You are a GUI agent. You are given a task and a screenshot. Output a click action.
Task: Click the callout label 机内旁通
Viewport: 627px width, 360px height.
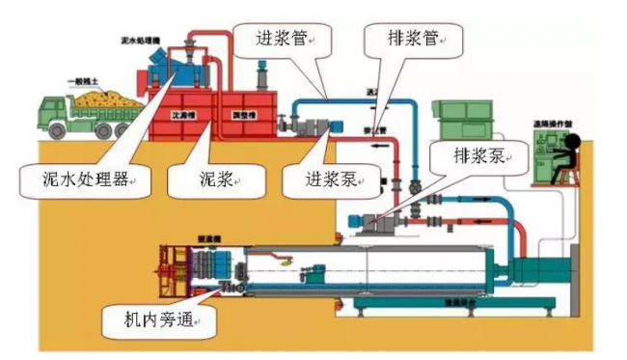(155, 317)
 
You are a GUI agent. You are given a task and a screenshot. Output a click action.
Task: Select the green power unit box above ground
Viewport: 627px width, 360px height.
(464, 121)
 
